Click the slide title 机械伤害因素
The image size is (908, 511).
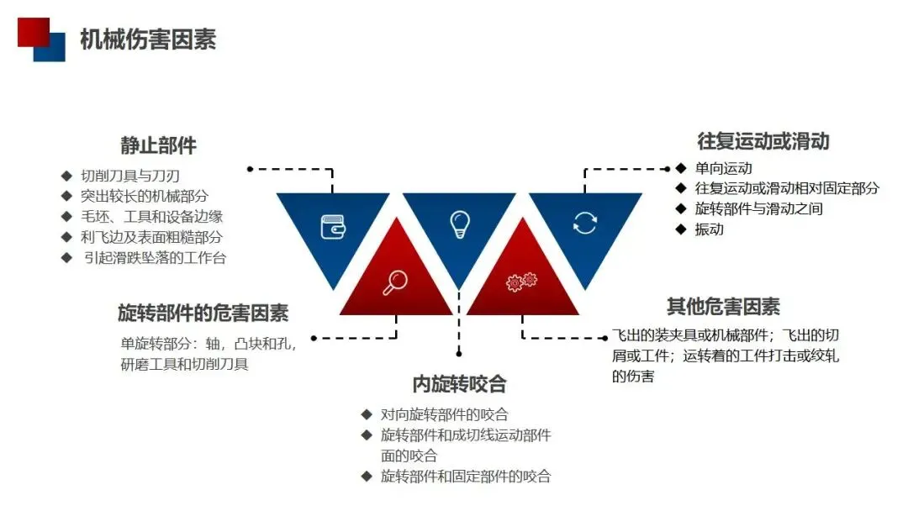coord(148,39)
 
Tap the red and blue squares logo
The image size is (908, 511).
coord(41,39)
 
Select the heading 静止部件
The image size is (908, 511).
coord(158,145)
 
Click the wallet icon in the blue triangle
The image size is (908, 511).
coord(333,225)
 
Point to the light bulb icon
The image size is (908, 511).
coord(459,224)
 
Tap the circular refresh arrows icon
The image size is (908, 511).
coord(584,223)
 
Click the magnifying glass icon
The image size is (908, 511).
coord(394,283)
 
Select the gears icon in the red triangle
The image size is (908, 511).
coord(521,282)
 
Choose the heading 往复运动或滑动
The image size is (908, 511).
coord(763,140)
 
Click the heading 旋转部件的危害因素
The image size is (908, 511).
coord(203,313)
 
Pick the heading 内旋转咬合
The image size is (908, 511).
coord(459,384)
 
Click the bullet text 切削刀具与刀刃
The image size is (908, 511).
coord(130,176)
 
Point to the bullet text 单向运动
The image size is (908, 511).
coord(723,168)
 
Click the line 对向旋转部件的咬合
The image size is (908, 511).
coord(444,414)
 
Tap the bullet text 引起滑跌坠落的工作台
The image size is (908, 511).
coord(155,257)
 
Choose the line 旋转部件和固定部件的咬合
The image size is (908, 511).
coord(465,477)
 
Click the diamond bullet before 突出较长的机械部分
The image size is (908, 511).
coord(66,196)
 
